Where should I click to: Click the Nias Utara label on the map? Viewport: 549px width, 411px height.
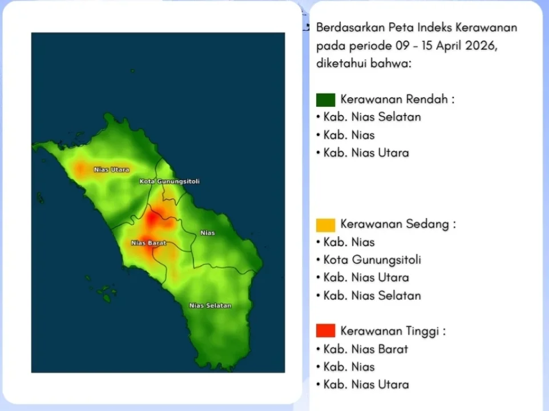(x=112, y=170)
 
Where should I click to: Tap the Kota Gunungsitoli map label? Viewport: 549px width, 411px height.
(x=169, y=182)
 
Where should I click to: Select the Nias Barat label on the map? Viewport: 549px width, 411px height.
(x=148, y=243)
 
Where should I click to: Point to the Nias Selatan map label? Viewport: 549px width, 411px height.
(x=210, y=305)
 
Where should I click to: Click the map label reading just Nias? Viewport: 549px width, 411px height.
(x=208, y=233)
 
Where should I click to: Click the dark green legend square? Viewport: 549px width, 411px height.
(x=326, y=100)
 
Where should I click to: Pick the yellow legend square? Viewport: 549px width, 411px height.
(x=326, y=225)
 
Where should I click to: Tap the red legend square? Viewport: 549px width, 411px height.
(x=326, y=331)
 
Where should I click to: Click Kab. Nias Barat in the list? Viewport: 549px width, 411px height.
(x=366, y=349)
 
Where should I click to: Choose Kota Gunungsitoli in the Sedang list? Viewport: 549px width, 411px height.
(x=372, y=260)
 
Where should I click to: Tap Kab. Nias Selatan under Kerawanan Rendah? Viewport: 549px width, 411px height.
(x=372, y=117)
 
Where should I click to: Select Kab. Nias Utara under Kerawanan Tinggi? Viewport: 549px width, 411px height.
(x=366, y=384)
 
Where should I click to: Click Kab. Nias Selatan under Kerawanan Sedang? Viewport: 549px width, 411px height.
(x=372, y=296)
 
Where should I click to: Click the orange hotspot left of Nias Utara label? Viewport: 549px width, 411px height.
(x=80, y=169)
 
